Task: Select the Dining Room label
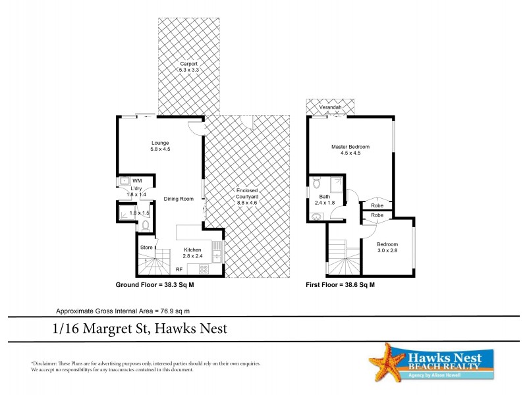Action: coord(179,198)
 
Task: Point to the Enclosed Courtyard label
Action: coord(247,196)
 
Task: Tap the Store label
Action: coord(146,247)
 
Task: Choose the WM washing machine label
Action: coord(137,180)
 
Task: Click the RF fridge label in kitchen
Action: coord(179,269)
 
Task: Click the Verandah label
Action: coord(329,107)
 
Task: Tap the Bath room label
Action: coord(325,196)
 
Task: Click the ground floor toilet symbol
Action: coord(146,226)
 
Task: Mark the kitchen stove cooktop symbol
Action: coord(204,268)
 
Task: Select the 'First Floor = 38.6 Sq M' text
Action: coord(341,286)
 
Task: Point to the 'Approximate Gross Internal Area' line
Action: coord(125,311)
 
